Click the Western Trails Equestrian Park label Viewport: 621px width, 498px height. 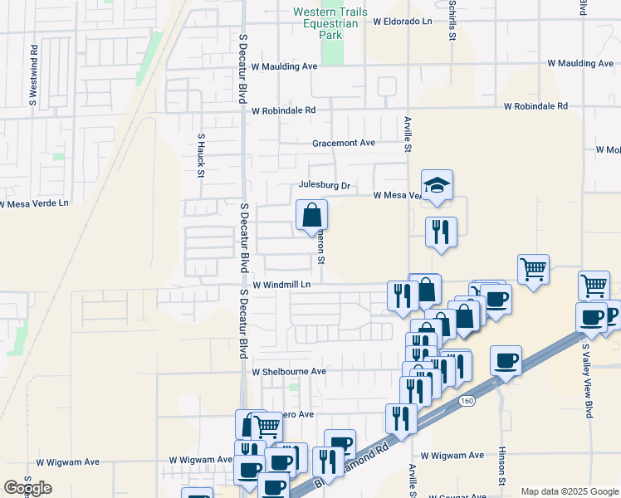coord(330,24)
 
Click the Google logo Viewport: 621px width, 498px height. coord(27,488)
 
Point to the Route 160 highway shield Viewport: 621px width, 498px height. coord(467,401)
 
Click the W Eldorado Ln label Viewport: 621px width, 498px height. coord(403,22)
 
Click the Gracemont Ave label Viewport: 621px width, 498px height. coord(344,143)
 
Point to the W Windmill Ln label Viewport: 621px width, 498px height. coord(281,285)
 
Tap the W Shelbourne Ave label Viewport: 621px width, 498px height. coord(289,371)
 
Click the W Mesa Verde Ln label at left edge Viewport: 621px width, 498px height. coord(34,203)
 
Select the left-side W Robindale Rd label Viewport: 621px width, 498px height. coord(284,110)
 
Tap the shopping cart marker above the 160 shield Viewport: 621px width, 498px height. coord(532,269)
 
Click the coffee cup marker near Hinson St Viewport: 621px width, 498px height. coord(506,361)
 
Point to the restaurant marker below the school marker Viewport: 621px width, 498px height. coord(440,232)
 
